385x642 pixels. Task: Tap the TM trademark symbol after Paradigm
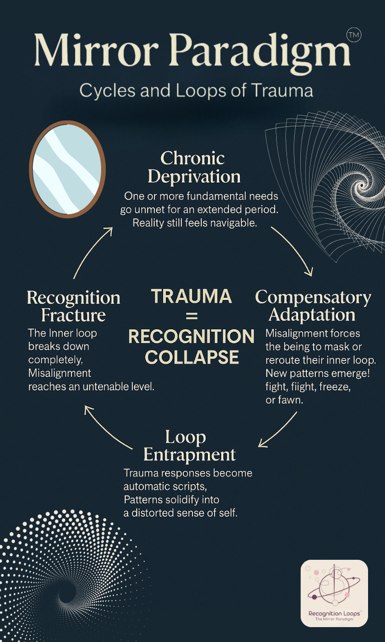click(x=354, y=35)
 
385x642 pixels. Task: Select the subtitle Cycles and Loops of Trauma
click(x=196, y=91)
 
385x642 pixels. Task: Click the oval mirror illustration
click(x=67, y=170)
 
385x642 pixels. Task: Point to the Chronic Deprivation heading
click(x=193, y=167)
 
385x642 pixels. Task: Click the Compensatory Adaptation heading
click(x=312, y=306)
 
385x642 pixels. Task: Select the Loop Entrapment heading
click(x=189, y=446)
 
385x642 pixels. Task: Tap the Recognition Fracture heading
click(x=73, y=306)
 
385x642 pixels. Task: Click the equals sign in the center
click(x=191, y=316)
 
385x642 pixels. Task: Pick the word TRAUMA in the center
click(x=191, y=296)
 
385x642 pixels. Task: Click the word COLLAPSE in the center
click(x=191, y=357)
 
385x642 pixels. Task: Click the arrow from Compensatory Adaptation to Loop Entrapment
click(x=280, y=430)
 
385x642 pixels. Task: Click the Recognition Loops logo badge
click(x=334, y=593)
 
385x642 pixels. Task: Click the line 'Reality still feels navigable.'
click(x=195, y=223)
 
